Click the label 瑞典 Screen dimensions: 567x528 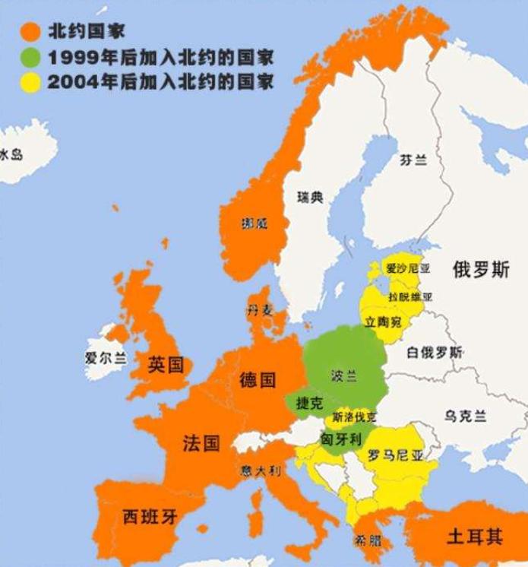(x=310, y=198)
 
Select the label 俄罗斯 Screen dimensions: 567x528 (x=481, y=270)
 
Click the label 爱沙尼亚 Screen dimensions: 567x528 (x=409, y=268)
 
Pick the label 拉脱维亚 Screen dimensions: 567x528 (x=410, y=296)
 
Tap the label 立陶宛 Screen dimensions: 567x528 (x=384, y=322)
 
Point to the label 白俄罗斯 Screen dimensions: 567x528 (x=435, y=353)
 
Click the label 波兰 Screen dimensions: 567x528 (x=343, y=375)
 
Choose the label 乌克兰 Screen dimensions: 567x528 (x=466, y=416)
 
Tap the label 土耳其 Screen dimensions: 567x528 (x=475, y=537)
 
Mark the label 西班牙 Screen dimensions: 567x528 (x=150, y=518)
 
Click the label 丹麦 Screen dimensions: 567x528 (x=258, y=309)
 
